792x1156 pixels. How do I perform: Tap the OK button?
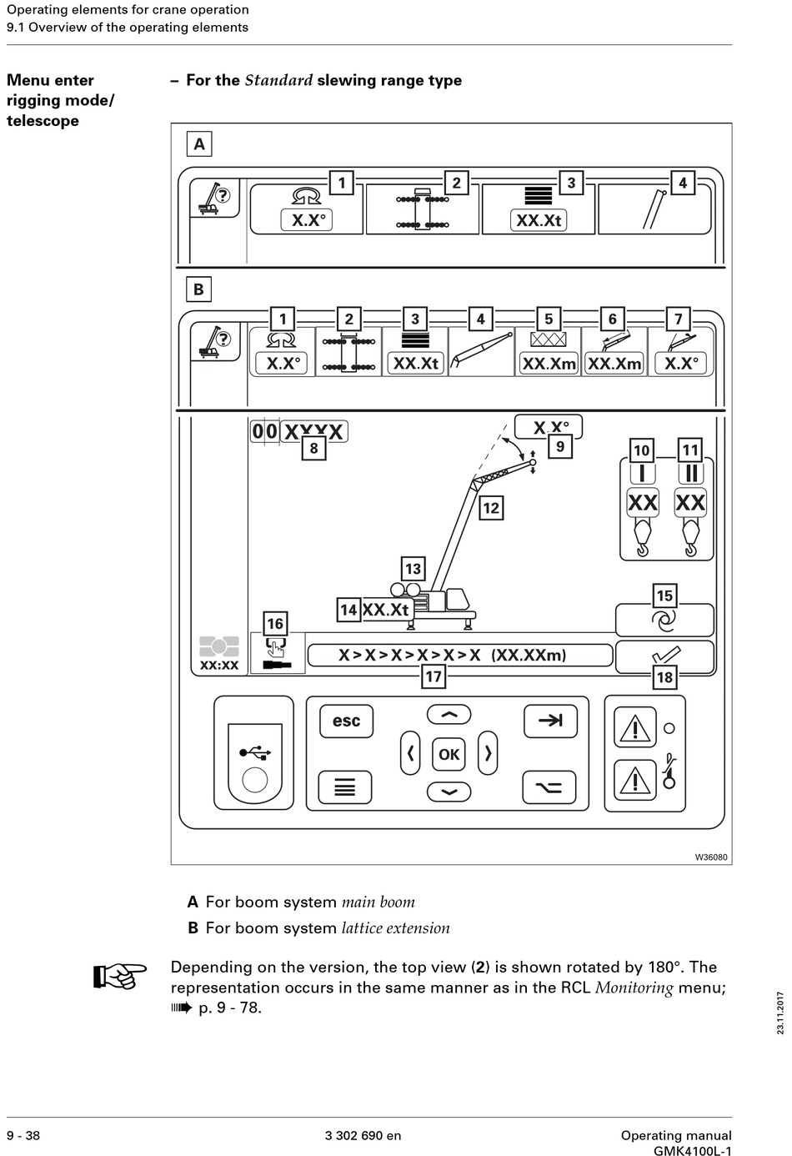[x=449, y=754]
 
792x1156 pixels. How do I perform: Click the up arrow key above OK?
[x=449, y=715]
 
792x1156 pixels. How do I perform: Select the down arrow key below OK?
[x=449, y=792]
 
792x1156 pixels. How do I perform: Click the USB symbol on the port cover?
[x=255, y=752]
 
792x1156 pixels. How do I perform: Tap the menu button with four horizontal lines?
[x=344, y=787]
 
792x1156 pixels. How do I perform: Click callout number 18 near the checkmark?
[x=664, y=676]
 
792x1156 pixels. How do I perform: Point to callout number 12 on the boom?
[x=491, y=508]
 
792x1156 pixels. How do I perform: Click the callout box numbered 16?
[x=275, y=623]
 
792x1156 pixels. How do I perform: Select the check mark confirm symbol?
[x=666, y=655]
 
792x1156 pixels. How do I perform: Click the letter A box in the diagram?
[x=199, y=144]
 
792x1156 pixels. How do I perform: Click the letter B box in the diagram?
[x=198, y=289]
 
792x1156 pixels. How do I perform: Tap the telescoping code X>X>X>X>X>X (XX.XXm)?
[x=452, y=655]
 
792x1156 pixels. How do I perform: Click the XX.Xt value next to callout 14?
[x=385, y=610]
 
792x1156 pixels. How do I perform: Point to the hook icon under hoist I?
[x=642, y=537]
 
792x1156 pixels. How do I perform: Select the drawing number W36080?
[x=711, y=857]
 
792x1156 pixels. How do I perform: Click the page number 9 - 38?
[x=23, y=1135]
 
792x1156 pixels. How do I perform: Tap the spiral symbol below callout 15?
[x=664, y=621]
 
